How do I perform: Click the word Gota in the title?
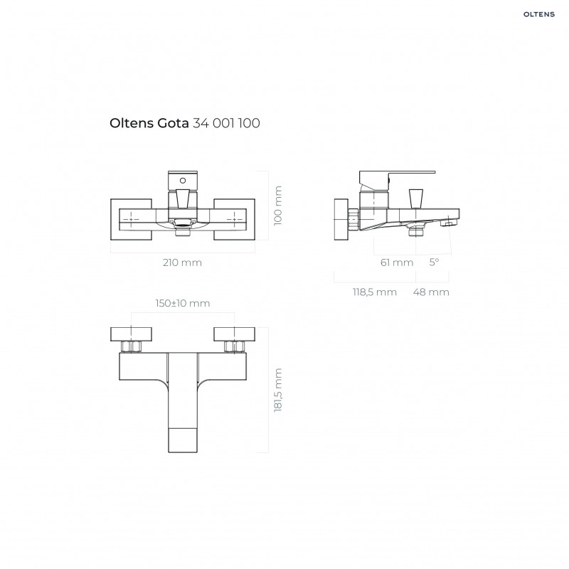point(171,123)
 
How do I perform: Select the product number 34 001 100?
point(225,123)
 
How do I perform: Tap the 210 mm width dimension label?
point(183,262)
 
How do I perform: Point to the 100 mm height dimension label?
point(278,206)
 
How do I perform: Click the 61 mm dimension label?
point(396,262)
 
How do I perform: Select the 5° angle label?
point(434,262)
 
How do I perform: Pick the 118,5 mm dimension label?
point(376,292)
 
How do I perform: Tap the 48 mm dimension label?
point(432,292)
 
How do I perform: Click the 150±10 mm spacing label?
point(183,304)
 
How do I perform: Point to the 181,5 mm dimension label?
point(278,390)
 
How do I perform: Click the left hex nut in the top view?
point(132,347)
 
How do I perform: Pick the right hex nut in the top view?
point(233,347)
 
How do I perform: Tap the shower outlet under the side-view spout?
point(415,229)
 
